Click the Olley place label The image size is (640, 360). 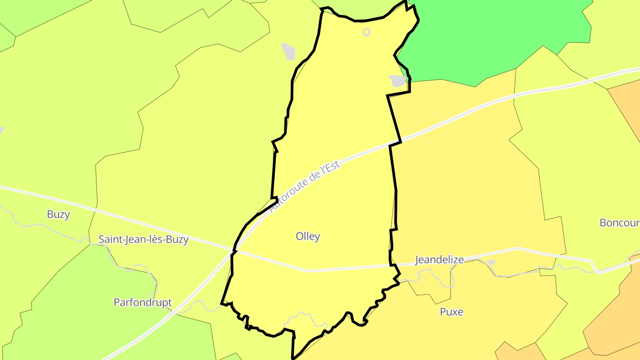point(308,236)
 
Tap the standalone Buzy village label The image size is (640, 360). point(58,214)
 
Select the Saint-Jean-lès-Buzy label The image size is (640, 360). point(143,240)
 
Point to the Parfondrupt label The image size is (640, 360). point(142,303)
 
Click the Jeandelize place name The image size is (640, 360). point(439,260)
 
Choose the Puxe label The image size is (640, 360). point(451,312)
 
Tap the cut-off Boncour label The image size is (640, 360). point(619,223)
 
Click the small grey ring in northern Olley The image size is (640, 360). point(366,32)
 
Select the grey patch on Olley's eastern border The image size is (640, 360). point(398,81)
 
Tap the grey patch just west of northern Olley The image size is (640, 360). point(288,52)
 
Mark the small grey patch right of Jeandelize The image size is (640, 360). point(491,262)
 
